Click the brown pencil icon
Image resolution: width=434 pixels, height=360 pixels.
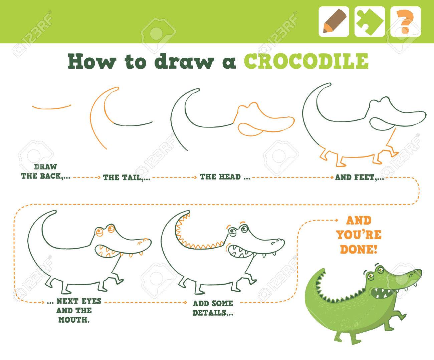(x=334, y=21)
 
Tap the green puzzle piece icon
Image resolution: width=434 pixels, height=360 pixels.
(x=370, y=21)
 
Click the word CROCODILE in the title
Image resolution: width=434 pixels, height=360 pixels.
(x=306, y=61)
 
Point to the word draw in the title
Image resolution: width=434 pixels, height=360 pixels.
(x=184, y=61)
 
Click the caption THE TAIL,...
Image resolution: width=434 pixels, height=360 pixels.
(x=127, y=177)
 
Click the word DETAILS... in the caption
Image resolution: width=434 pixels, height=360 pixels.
(x=213, y=313)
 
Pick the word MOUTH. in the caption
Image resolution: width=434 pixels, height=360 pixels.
(x=74, y=320)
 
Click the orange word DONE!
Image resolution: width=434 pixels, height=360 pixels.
(x=359, y=249)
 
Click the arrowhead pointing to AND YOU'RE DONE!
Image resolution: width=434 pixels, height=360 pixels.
(x=336, y=221)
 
